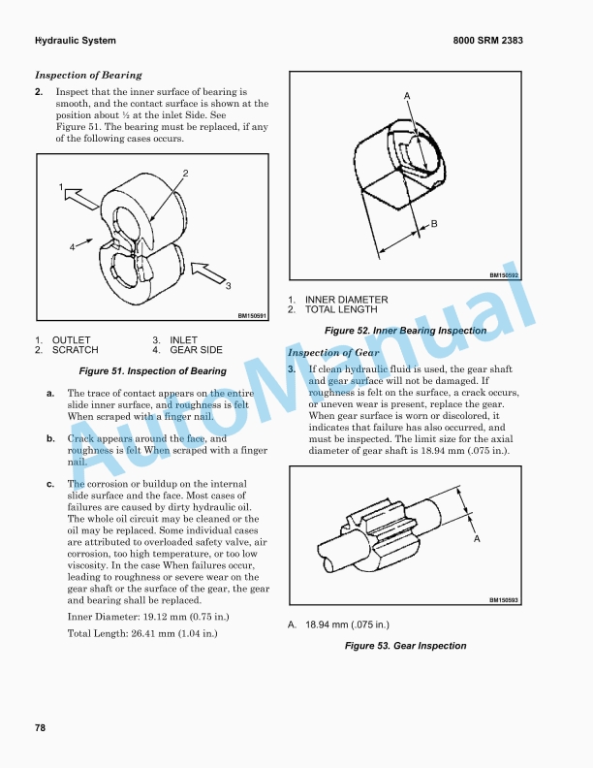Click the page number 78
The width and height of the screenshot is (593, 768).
[x=40, y=727]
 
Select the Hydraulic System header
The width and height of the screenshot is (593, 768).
[x=76, y=41]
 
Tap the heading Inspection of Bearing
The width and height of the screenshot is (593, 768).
[x=88, y=75]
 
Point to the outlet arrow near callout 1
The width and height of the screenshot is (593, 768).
[x=81, y=199]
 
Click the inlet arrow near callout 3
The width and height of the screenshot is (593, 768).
[x=207, y=272]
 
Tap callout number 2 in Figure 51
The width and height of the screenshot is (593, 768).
[x=184, y=173]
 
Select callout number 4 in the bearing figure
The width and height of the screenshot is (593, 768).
[x=72, y=247]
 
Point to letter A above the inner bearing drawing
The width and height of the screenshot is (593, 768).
[x=407, y=94]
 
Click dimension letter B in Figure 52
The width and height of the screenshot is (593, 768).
[x=433, y=224]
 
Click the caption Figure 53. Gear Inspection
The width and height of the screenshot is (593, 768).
[x=406, y=646]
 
